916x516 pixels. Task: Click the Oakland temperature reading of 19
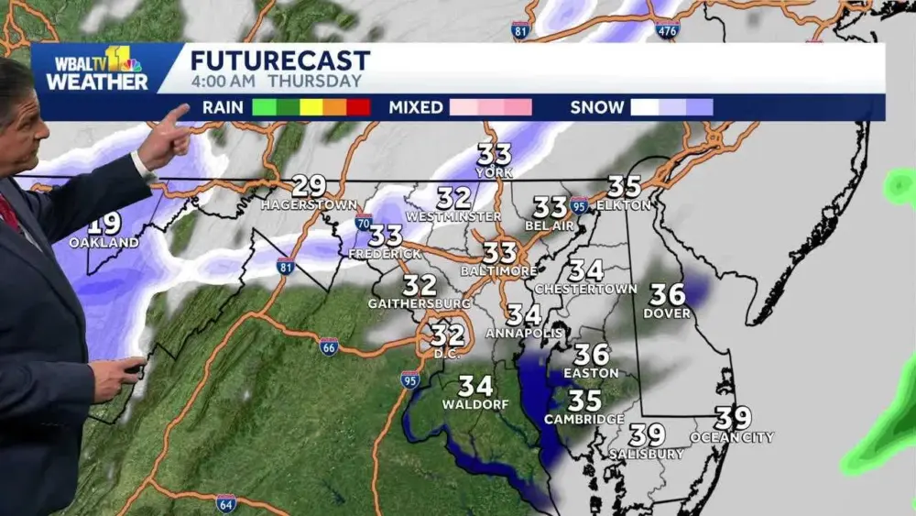105,223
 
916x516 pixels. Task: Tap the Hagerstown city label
294,205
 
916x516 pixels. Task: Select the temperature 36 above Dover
668,294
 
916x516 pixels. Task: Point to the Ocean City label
732,437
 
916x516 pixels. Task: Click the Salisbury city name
647,454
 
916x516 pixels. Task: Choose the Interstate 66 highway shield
329,346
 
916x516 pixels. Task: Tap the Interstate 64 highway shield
226,503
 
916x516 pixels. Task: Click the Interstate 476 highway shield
668,28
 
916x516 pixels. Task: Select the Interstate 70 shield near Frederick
364,222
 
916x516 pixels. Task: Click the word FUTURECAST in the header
280,61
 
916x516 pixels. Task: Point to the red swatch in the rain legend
358,107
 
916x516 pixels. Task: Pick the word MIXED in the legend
416,107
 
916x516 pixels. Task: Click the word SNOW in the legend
596,107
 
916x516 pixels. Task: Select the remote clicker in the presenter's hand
134,369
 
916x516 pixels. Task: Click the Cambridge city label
584,419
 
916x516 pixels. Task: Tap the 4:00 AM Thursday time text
276,81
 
